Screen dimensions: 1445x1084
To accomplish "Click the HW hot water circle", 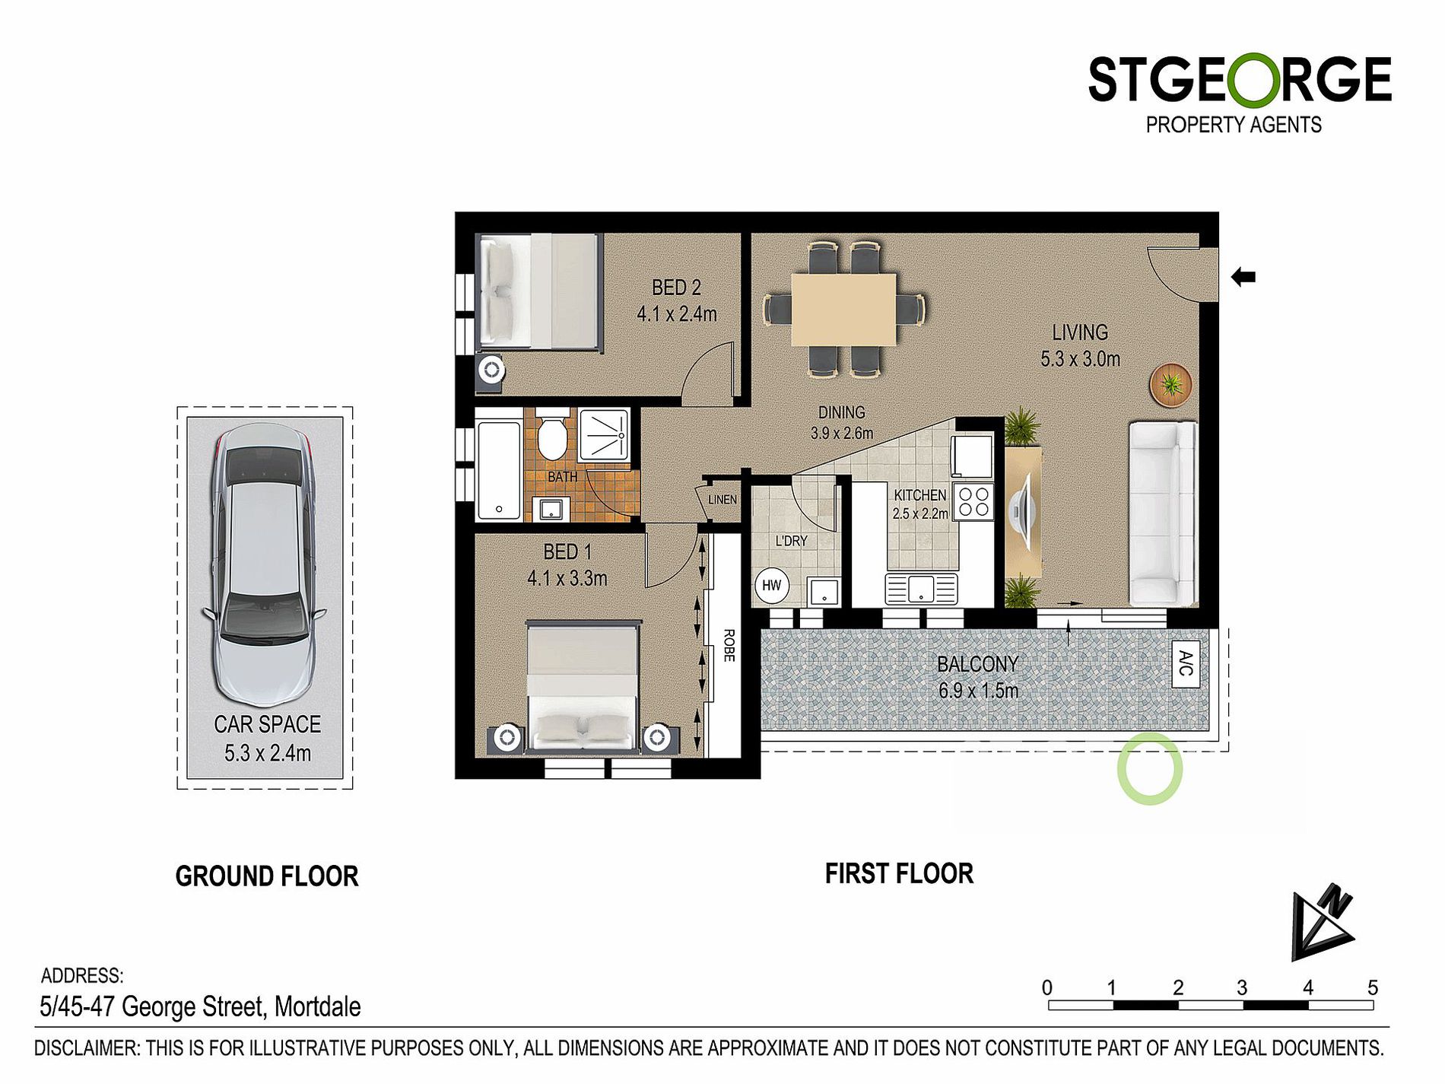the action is (771, 585).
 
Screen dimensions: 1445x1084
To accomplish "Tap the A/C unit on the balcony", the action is (1186, 663).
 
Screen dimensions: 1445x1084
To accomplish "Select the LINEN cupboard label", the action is (722, 500).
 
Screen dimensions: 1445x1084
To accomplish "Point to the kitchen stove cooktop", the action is (973, 501).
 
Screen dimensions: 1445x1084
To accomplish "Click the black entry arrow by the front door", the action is (1243, 277).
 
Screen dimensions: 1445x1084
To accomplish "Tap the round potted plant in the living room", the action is (1170, 384).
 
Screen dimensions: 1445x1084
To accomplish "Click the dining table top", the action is (843, 310).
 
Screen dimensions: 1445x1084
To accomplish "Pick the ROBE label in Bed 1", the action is (729, 645).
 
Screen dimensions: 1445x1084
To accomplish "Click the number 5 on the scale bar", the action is (1372, 987).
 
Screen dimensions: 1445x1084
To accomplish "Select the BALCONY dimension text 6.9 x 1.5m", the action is (978, 691).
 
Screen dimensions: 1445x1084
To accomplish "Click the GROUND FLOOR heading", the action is (266, 876).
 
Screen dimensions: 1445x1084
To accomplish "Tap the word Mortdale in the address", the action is (317, 1006).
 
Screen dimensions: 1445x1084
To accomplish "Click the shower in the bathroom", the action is (605, 435).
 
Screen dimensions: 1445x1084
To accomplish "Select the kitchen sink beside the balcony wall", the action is (921, 589).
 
